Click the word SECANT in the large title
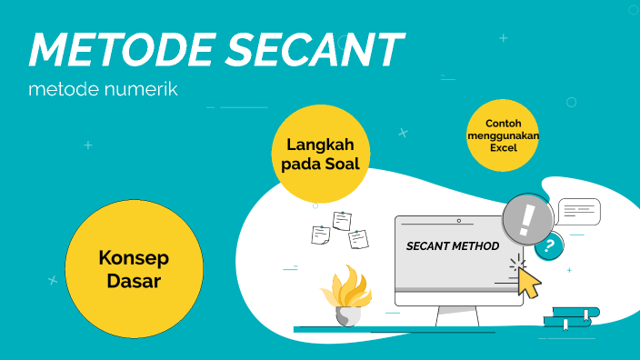(313, 50)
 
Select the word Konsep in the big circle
(133, 258)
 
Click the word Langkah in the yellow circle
(320, 145)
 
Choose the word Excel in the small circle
(502, 146)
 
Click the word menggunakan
(502, 135)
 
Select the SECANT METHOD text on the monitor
(452, 246)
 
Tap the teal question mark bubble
(548, 245)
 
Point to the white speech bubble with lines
(579, 212)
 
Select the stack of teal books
(571, 317)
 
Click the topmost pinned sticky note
(343, 221)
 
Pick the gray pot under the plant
(347, 315)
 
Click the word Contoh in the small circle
(502, 123)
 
